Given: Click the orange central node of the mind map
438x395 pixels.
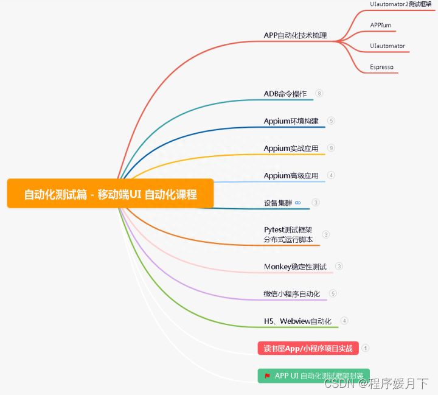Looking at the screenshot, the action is pyautogui.click(x=110, y=194).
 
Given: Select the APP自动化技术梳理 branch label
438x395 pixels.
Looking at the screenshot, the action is pyautogui.click(x=295, y=35).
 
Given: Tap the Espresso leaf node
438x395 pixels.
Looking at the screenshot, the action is pyautogui.click(x=381, y=67).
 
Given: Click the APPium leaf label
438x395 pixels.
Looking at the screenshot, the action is pyautogui.click(x=381, y=25).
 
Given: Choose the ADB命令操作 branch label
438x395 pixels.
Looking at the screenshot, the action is pyautogui.click(x=285, y=94).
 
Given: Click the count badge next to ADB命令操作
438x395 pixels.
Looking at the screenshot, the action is pyautogui.click(x=319, y=94).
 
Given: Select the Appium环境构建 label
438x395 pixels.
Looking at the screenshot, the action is pyautogui.click(x=291, y=121).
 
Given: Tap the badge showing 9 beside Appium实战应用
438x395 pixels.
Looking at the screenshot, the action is pyautogui.click(x=331, y=148).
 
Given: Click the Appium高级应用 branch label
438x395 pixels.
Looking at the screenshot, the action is pyautogui.click(x=291, y=175).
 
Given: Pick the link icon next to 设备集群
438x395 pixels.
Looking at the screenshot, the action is pyautogui.click(x=297, y=203).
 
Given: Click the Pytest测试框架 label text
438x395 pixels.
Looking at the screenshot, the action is pyautogui.click(x=288, y=230).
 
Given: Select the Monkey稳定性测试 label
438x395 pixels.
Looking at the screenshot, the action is pyautogui.click(x=295, y=267).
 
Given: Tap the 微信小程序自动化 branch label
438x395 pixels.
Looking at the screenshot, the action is pyautogui.click(x=291, y=294).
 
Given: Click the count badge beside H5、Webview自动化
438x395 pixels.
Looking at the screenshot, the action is pyautogui.click(x=344, y=321).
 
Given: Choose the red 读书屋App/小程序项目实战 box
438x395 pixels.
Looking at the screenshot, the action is pyautogui.click(x=308, y=348).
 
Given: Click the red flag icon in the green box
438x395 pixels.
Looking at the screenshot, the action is pyautogui.click(x=267, y=376).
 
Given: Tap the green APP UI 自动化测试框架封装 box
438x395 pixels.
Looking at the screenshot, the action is pyautogui.click(x=313, y=376).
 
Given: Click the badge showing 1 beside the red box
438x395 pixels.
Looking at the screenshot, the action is pyautogui.click(x=366, y=348).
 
